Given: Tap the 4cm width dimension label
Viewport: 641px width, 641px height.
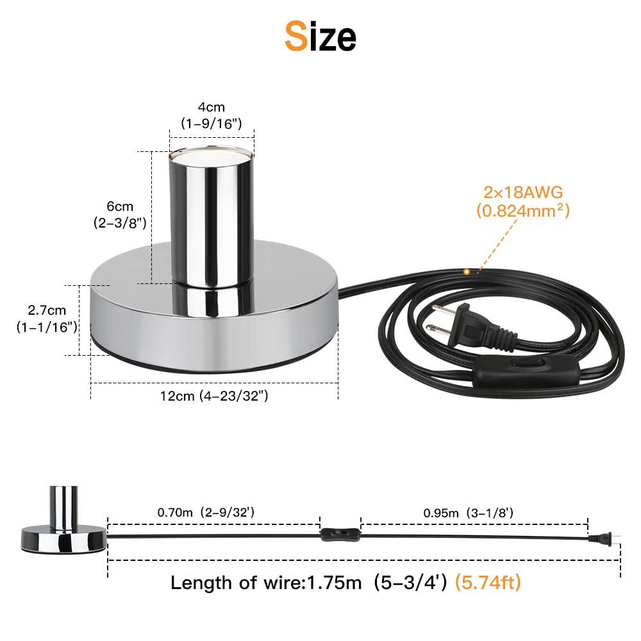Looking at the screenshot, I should (212, 107).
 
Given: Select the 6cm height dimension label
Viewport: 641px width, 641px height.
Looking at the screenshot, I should (120, 206).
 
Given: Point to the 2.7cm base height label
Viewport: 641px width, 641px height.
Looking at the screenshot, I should (47, 310).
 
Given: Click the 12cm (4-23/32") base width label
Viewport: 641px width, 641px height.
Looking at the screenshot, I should (214, 396).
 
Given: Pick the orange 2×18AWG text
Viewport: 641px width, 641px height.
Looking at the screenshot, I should (522, 191).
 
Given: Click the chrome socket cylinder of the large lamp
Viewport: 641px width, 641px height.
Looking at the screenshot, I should (211, 218).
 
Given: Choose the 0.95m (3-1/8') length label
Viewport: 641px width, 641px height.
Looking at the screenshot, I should (467, 512).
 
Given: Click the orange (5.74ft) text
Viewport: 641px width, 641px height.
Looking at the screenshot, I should (487, 583).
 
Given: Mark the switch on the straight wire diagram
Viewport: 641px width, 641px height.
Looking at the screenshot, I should (340, 533).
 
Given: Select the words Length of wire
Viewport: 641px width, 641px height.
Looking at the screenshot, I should (237, 583).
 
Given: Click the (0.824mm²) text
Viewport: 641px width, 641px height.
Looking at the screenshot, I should (522, 210).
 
